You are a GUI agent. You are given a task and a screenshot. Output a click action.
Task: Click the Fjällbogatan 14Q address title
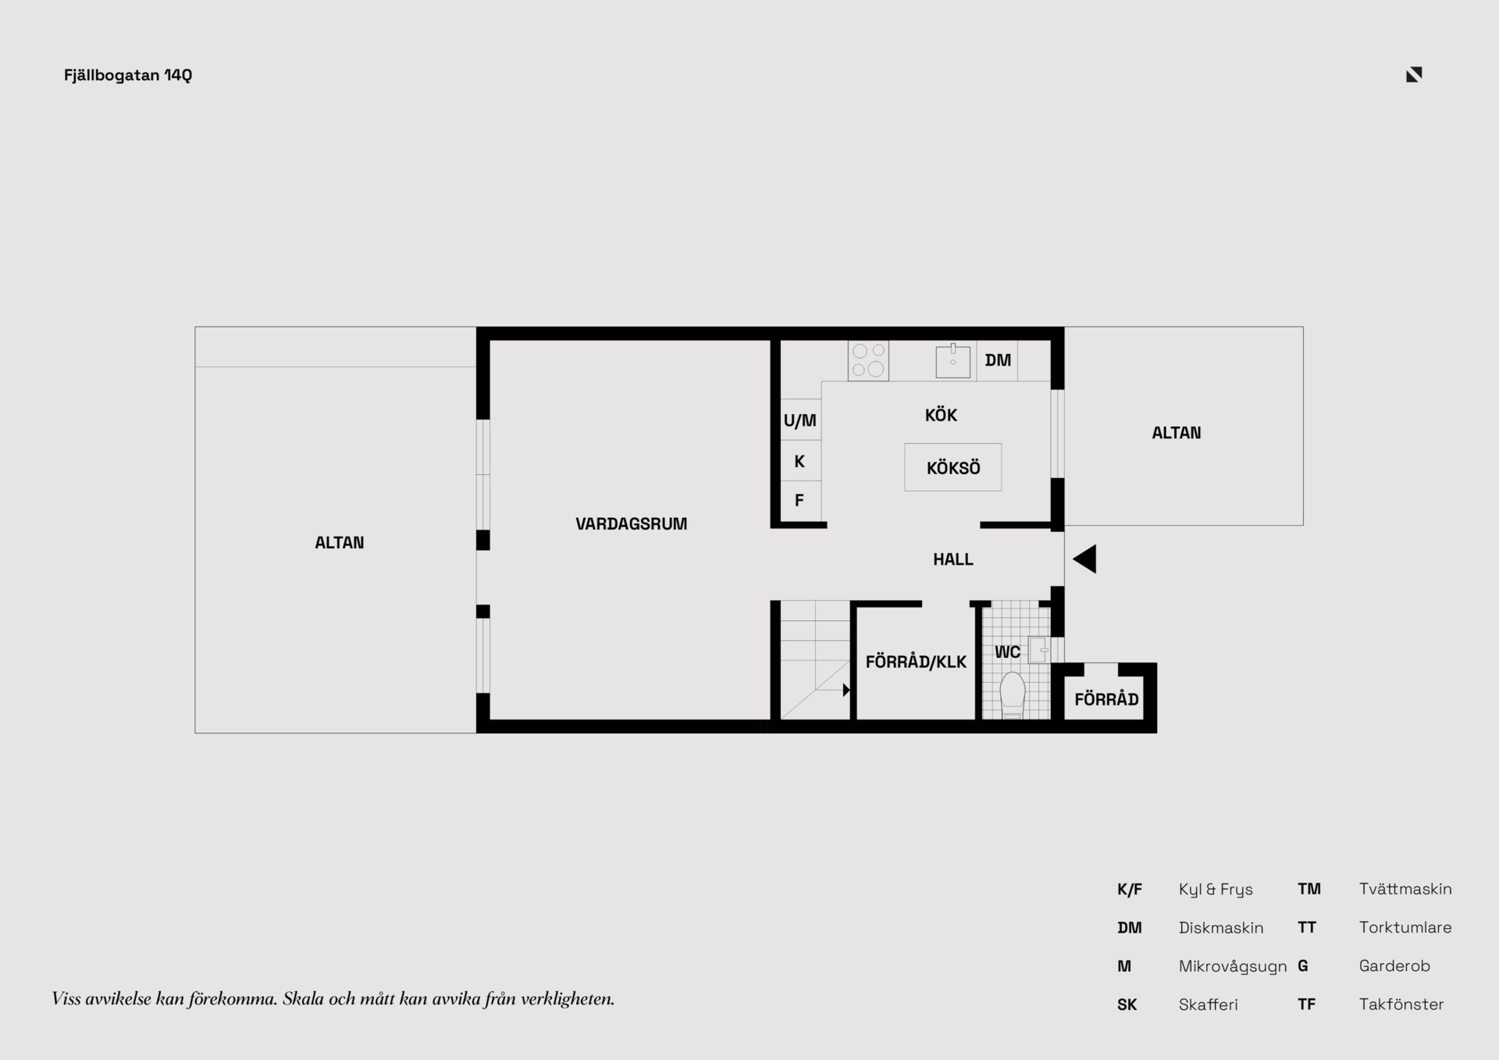pos(128,75)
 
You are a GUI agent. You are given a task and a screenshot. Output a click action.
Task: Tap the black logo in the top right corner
pos(1414,74)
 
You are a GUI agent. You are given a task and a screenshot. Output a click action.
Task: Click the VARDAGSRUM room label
pos(632,524)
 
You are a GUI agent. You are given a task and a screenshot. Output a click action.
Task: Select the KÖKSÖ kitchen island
pos(953,467)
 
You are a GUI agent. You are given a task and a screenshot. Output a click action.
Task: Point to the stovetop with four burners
pos(868,361)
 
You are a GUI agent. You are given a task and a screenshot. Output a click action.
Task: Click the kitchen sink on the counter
pos(952,361)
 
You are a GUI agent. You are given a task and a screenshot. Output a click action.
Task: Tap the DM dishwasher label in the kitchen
pos(998,360)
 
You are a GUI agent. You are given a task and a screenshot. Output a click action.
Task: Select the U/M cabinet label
pos(800,420)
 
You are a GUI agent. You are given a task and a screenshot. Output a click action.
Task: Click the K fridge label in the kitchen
pos(799,462)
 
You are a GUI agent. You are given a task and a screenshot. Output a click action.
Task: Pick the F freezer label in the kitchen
pos(799,501)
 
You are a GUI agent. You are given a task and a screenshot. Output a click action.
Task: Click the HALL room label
pos(953,559)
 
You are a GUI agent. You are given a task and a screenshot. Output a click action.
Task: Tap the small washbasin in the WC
pos(1038,650)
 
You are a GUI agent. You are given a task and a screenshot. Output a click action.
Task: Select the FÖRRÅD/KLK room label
pos(916,662)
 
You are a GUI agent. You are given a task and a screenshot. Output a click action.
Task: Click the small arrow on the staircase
pos(846,690)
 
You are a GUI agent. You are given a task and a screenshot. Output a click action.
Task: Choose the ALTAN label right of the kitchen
pos(1177,433)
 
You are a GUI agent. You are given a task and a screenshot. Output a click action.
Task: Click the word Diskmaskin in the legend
pos(1221,928)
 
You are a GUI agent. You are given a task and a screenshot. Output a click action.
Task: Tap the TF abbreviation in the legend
pos(1306,1005)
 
